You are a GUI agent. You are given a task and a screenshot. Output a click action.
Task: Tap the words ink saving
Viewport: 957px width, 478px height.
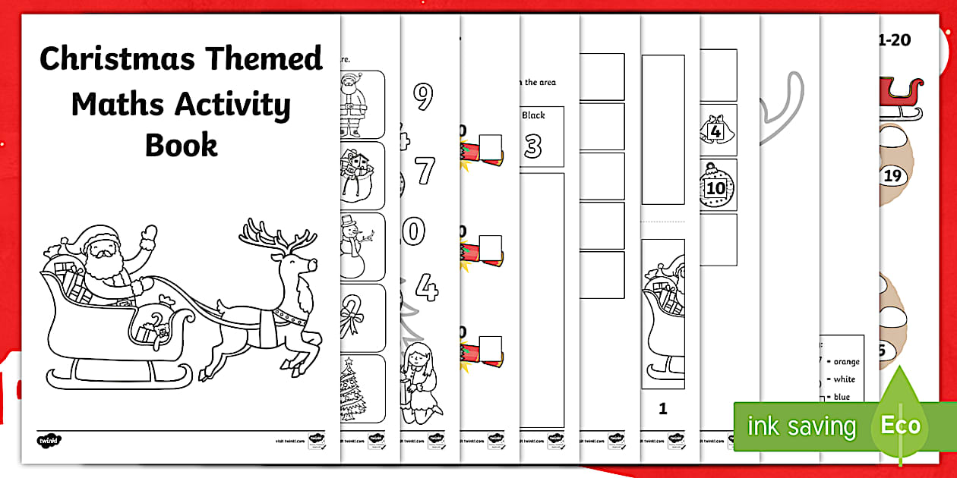pyautogui.click(x=801, y=426)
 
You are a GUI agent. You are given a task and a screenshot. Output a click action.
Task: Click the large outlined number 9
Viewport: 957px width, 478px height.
pyautogui.click(x=423, y=96)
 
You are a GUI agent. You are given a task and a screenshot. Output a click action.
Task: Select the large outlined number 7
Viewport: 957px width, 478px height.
pyautogui.click(x=425, y=170)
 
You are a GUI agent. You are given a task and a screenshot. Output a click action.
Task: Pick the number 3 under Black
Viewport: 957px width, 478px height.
pyautogui.click(x=533, y=146)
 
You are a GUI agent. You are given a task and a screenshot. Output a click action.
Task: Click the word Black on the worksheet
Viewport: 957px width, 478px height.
pyautogui.click(x=533, y=115)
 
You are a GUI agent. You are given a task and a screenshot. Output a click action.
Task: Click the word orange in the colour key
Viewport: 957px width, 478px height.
pyautogui.click(x=847, y=362)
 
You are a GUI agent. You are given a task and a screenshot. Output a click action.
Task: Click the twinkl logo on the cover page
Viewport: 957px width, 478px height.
pyautogui.click(x=46, y=439)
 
